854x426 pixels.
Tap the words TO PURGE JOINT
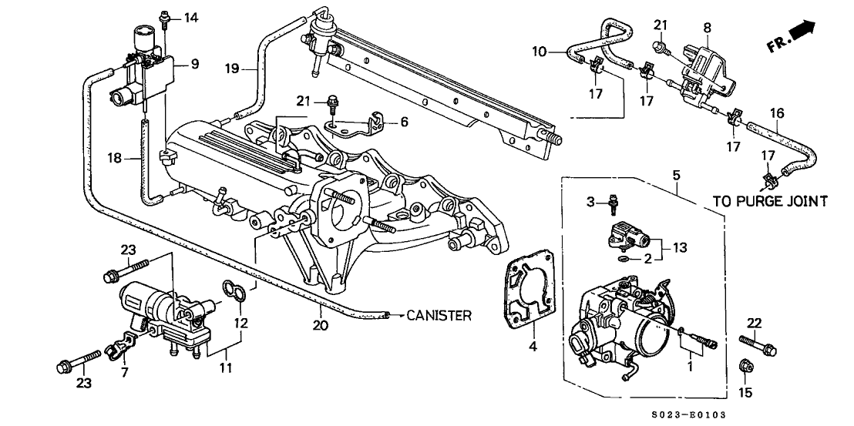pyautogui.click(x=770, y=201)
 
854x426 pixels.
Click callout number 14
pyautogui.click(x=190, y=17)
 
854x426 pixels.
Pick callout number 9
pyautogui.click(x=195, y=64)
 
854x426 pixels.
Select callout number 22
pyautogui.click(x=754, y=321)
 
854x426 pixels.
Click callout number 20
pyautogui.click(x=321, y=325)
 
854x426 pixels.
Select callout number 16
pyautogui.click(x=778, y=113)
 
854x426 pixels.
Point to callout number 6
pyautogui.click(x=404, y=122)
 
